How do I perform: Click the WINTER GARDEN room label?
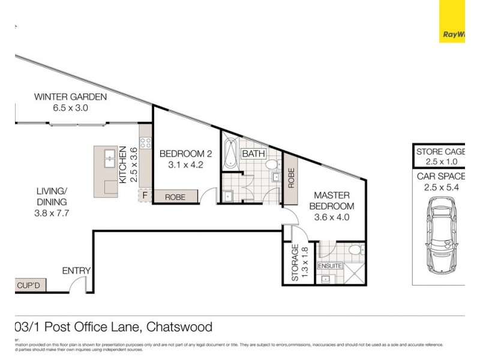(x=70, y=97)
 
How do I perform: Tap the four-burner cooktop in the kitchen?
(x=145, y=143)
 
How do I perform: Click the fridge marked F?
(x=145, y=196)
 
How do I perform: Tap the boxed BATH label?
(x=253, y=154)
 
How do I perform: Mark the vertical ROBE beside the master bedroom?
(x=291, y=178)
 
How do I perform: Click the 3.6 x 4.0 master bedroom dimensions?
(x=331, y=217)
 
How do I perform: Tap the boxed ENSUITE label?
(x=330, y=265)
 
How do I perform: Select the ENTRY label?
(x=76, y=271)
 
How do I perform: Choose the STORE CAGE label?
(x=442, y=152)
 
